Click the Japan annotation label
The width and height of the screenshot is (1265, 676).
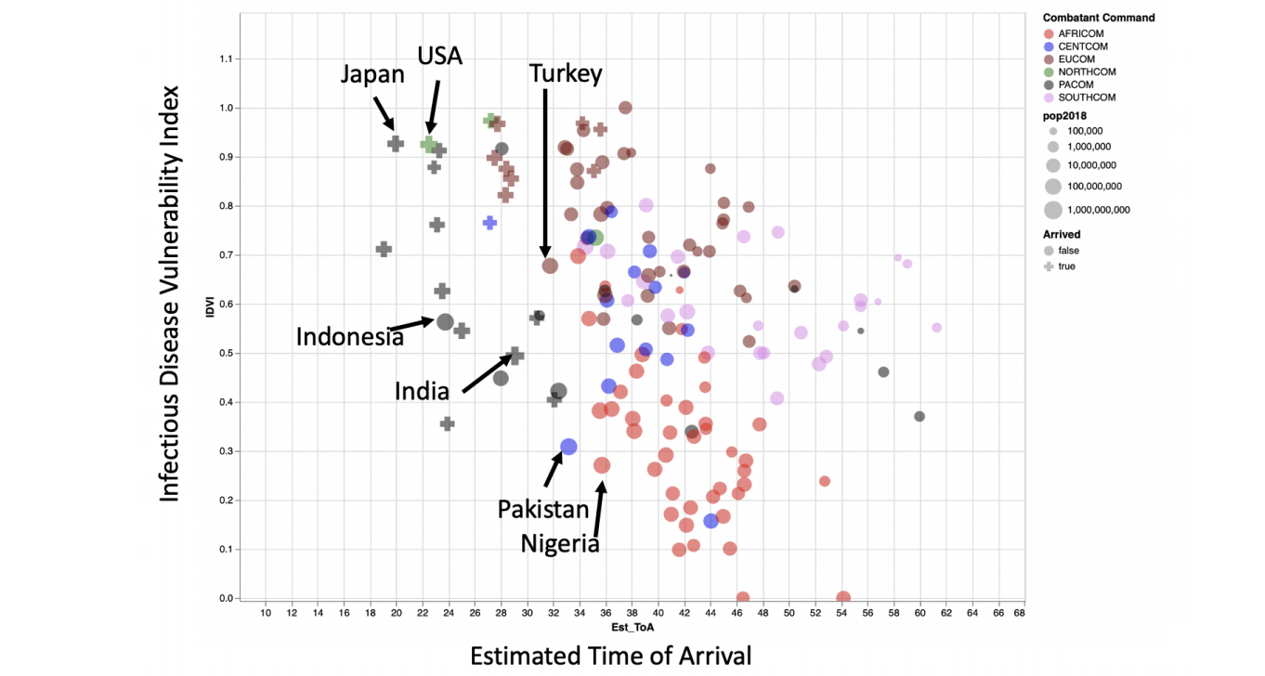pos(372,73)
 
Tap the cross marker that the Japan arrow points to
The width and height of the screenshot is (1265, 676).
pos(396,144)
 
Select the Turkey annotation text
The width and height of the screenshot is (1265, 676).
pos(566,73)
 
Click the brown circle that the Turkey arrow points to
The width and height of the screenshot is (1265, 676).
pos(550,266)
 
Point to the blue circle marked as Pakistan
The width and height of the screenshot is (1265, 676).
pos(568,447)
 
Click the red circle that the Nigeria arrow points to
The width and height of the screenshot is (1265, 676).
pos(602,465)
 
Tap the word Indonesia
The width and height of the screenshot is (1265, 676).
pos(349,336)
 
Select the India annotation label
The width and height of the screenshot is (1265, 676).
pos(422,391)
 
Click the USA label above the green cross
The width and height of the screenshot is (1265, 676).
pos(439,57)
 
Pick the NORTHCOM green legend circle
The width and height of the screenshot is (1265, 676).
pos(1049,71)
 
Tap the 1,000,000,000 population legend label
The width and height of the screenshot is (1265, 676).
pos(1099,210)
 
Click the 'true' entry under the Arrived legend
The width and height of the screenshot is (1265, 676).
pos(1066,266)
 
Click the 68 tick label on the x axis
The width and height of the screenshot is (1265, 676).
pos(1019,613)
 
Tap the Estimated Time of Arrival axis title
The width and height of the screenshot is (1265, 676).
pos(610,656)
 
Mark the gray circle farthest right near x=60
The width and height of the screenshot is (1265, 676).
pos(919,416)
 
